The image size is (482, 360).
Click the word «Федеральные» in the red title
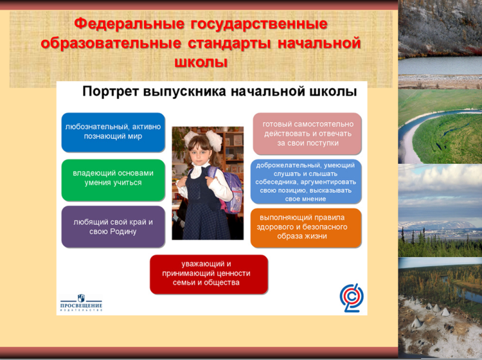tap(130, 23)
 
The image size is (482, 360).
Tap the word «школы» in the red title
tap(201, 62)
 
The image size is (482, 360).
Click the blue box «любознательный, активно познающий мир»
tap(113, 132)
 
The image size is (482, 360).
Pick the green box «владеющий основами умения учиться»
tap(113, 180)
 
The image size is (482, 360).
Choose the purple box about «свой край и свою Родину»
tap(113, 227)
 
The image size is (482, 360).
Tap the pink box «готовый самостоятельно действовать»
tap(307, 134)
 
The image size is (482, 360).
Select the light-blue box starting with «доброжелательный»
tap(306, 182)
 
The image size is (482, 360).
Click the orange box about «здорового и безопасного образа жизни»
tap(306, 228)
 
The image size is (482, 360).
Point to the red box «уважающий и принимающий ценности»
tap(208, 275)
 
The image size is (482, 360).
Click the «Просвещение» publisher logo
tap(81, 303)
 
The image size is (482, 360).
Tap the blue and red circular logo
tap(352, 297)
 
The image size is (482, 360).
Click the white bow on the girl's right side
tap(214, 140)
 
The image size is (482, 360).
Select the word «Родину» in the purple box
tap(122, 232)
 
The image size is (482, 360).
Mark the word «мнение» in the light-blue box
tap(305, 199)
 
